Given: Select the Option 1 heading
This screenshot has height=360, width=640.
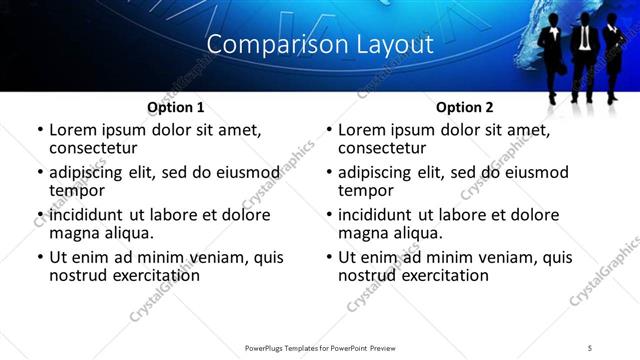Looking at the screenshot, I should click(176, 107).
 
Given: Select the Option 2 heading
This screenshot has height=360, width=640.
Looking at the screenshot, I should click(465, 107).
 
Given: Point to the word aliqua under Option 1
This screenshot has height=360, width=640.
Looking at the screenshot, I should click(128, 233).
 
